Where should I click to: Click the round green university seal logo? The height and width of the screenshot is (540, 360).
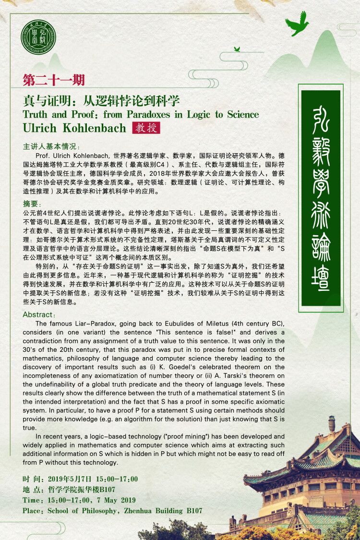pyautogui.click(x=39, y=38)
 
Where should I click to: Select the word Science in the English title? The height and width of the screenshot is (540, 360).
pyautogui.click(x=240, y=115)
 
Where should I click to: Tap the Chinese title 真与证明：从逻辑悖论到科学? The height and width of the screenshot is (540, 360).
pyautogui.click(x=101, y=101)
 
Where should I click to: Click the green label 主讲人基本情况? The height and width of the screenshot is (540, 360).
pyautogui.click(x=51, y=146)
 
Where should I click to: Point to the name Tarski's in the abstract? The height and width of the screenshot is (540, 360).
pyautogui.click(x=228, y=375)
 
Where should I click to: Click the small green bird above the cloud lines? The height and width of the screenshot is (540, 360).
pyautogui.click(x=237, y=49)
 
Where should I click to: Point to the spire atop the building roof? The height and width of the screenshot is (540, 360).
pyautogui.click(x=331, y=423)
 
